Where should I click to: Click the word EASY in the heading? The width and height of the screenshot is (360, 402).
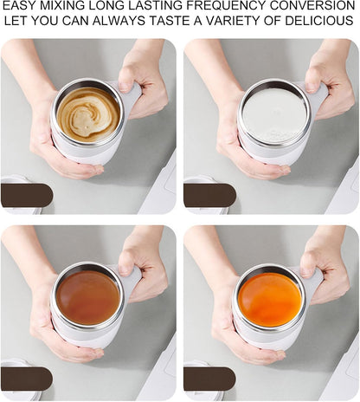(20, 7)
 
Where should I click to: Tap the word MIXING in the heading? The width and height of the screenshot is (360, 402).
(64, 7)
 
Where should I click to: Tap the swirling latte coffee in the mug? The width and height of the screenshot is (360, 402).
(87, 112)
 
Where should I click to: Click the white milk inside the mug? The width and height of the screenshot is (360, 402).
(273, 113)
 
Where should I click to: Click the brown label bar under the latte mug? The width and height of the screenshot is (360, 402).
(27, 195)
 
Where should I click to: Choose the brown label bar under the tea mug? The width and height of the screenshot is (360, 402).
(27, 379)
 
